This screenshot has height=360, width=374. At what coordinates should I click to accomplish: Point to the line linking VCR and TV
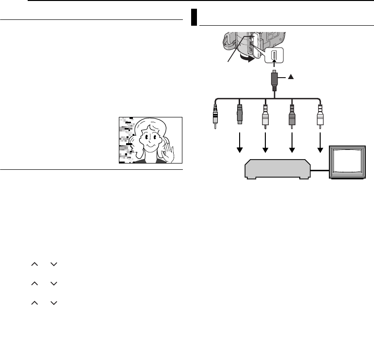(320, 170)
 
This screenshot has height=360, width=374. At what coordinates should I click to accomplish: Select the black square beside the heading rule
(193, 17)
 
